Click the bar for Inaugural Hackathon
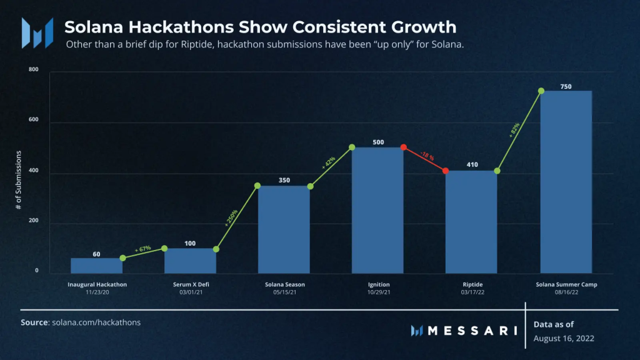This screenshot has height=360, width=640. [97, 266]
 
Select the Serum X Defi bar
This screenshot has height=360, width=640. [190, 261]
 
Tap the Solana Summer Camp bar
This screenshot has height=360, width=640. [566, 182]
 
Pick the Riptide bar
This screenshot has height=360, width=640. [471, 222]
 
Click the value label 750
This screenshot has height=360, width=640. [566, 86]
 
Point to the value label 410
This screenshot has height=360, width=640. [472, 164]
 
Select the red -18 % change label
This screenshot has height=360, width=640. [427, 156]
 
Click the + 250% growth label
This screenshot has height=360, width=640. [231, 217]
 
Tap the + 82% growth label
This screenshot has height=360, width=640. [514, 130]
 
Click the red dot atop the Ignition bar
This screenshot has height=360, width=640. [403, 147]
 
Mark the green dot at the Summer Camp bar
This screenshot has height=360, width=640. [541, 91]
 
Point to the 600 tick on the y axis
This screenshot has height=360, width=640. [34, 119]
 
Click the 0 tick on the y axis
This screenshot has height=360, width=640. [37, 270]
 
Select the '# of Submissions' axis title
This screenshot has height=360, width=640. [18, 180]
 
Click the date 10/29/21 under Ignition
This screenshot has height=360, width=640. [379, 292]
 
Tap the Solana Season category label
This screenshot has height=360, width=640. [285, 284]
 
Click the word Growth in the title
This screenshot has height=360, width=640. [424, 27]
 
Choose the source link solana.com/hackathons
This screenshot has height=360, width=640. [96, 322]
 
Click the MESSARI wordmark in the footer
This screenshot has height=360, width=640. [472, 331]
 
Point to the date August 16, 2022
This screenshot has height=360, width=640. [564, 338]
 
